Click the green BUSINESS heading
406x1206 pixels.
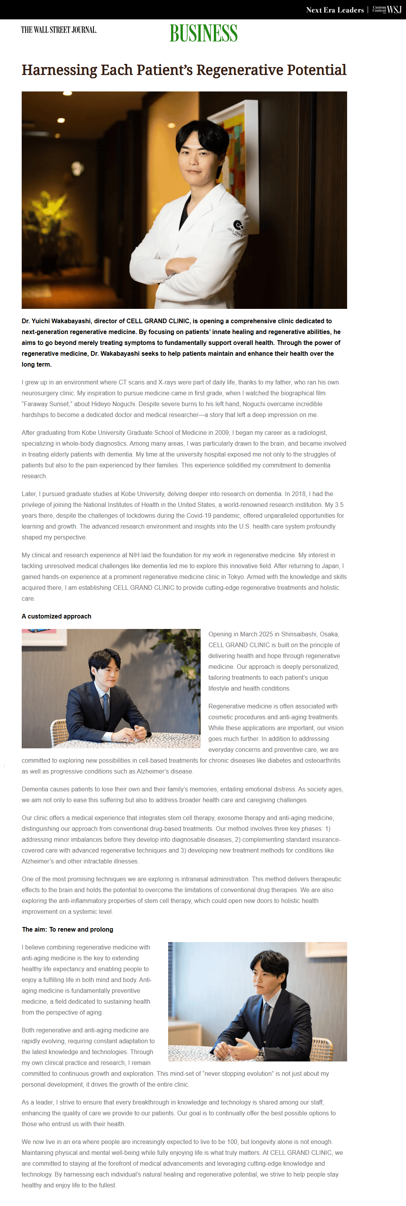(x=203, y=33)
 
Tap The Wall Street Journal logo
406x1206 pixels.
(x=58, y=30)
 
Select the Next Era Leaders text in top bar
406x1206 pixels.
(x=334, y=10)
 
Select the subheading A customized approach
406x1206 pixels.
(x=56, y=616)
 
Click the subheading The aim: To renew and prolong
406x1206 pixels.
(x=67, y=929)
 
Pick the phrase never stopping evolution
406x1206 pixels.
(x=236, y=1073)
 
